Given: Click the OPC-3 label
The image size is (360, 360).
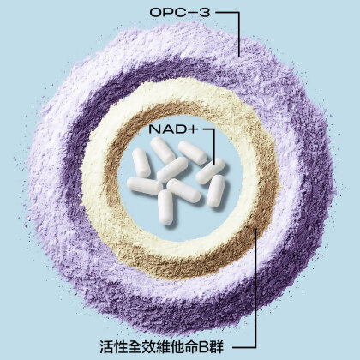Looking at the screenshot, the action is coord(180,13).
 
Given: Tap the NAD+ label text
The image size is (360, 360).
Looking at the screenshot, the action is coord(173,129).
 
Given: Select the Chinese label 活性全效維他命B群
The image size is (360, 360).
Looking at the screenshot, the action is coord(162,346).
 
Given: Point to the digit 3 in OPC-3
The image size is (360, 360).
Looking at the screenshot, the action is coord(205,13).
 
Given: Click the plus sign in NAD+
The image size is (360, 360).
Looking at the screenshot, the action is coord(194,129).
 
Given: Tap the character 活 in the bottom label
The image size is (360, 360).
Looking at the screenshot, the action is coord(106,346).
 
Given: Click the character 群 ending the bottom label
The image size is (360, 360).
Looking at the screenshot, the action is coord(217,346).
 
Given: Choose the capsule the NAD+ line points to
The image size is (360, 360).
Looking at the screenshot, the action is coord(210,171).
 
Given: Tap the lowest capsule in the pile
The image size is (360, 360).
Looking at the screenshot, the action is coord(165,207).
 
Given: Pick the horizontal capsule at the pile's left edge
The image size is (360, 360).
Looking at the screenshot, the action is coord(144,185).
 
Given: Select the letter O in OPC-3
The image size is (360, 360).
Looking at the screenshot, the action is coord(156,13).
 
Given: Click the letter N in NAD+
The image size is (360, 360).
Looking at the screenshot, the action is coord(154,129).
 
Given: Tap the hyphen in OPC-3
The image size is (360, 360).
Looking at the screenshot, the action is coord(194,13).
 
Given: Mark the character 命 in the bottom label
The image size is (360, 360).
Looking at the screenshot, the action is coord(189,346).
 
